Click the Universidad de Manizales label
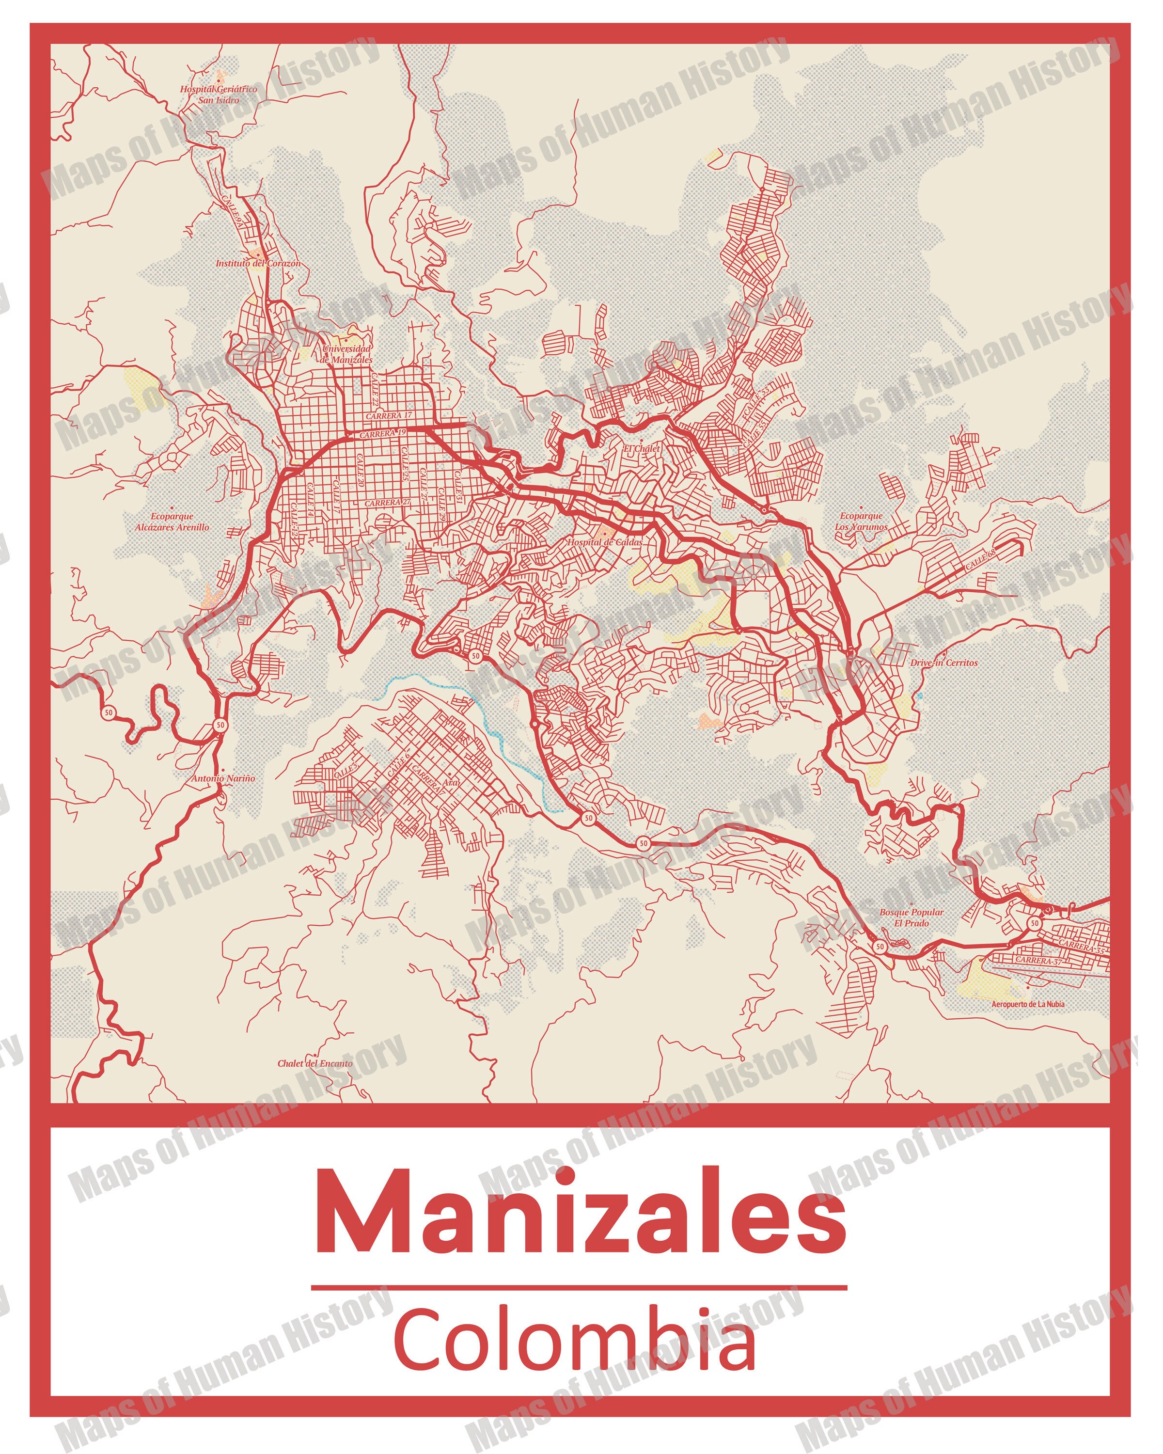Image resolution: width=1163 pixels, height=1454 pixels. pyautogui.click(x=346, y=354)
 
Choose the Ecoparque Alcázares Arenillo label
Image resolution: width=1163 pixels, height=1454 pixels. pyautogui.click(x=172, y=522)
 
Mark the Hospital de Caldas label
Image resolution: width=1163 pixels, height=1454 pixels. pyautogui.click(x=604, y=541)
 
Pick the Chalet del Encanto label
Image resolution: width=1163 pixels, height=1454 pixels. pyautogui.click(x=315, y=1063)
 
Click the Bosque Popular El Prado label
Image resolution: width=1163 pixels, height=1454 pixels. pyautogui.click(x=911, y=917)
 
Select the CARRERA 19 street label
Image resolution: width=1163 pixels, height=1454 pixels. pyautogui.click(x=382, y=434)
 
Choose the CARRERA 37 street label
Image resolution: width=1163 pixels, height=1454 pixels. pyautogui.click(x=1038, y=960)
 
